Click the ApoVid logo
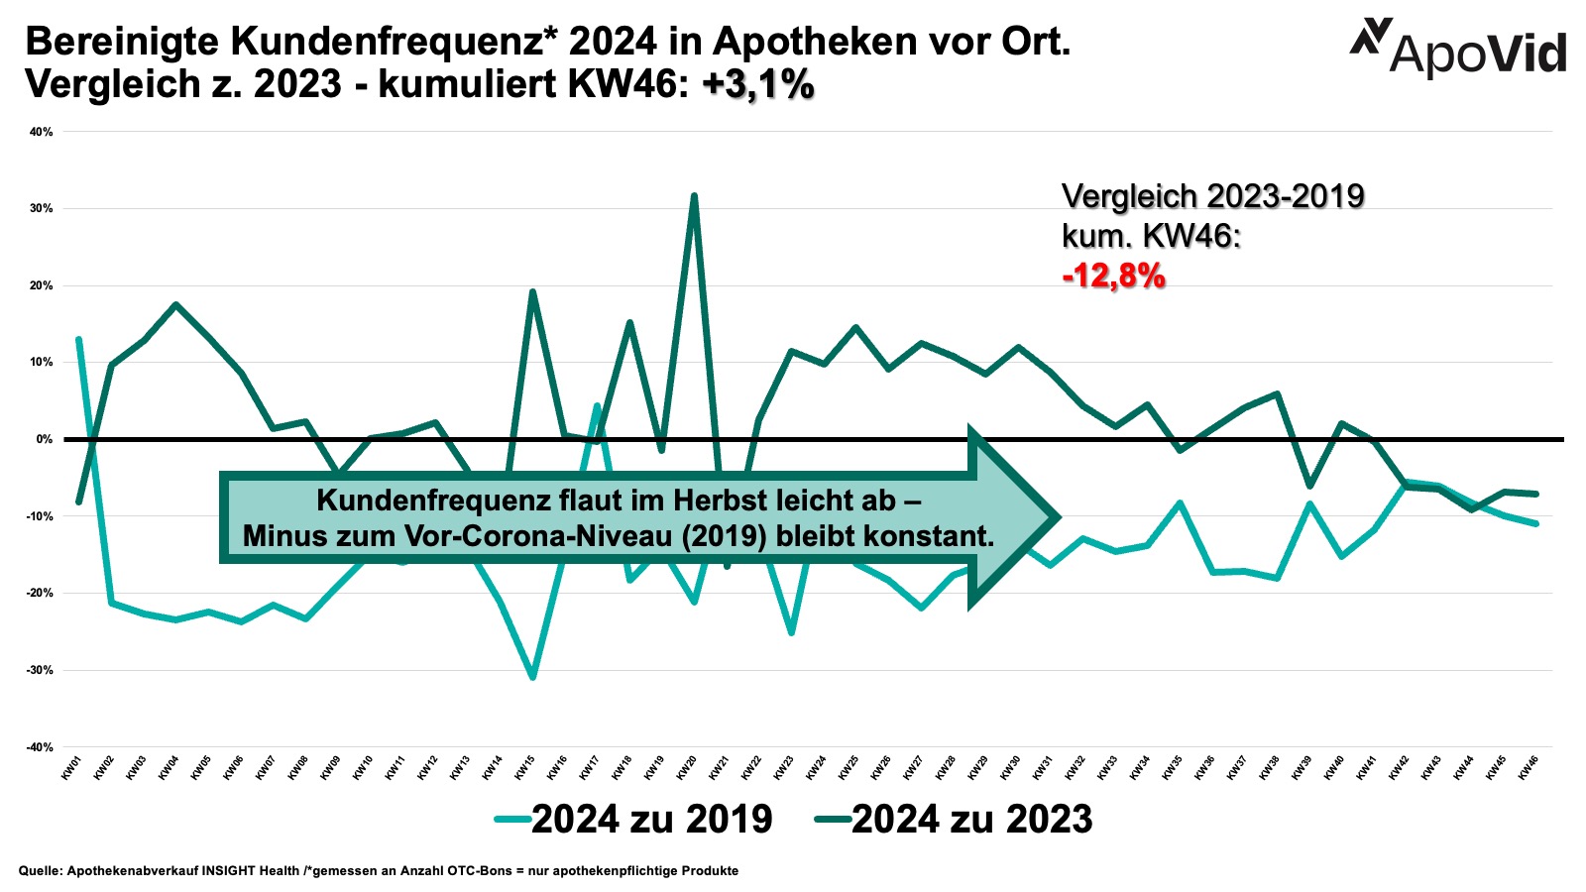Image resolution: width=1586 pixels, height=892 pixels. coord(1458,47)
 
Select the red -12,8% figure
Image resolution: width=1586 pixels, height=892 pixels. coord(1113,276)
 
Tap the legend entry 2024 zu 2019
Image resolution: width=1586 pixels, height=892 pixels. coord(634,819)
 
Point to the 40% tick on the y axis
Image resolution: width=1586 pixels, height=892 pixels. coord(42,131)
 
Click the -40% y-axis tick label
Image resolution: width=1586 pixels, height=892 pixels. coord(40,747)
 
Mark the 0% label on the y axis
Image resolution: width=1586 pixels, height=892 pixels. coord(45,439)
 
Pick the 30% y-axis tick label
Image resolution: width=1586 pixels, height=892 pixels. coord(42,208)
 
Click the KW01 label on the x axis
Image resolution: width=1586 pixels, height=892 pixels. coord(71,768)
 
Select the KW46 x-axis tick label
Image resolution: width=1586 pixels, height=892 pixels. coord(1529,768)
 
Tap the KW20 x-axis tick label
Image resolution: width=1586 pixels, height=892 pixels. coord(686,768)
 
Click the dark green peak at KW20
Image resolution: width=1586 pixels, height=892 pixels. coord(694,196)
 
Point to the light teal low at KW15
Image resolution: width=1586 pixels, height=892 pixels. coord(532,677)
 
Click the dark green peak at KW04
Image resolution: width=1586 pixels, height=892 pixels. coord(175,305)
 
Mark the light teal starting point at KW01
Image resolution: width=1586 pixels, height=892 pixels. coord(78,340)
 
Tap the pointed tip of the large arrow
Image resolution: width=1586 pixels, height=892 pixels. coord(1059,516)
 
